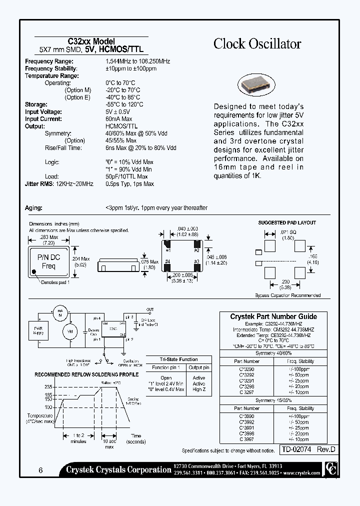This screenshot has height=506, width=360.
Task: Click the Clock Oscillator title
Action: coord(257,44)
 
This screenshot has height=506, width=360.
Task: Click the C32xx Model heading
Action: coord(91,41)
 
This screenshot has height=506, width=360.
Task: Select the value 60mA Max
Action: coord(118,119)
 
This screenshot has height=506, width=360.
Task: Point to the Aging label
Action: coord(34,207)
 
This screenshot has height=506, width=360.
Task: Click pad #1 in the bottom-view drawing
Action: coord(168,246)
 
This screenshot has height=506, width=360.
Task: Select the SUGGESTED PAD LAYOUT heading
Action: coord(286,222)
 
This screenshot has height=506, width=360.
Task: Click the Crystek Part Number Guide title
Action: coord(273,316)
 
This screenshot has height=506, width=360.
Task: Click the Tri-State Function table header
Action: coord(178,359)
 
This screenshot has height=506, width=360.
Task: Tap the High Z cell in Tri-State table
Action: coord(199,389)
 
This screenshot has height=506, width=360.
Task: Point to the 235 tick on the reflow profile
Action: coord(49,387)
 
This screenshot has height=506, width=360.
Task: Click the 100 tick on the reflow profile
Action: coord(49,407)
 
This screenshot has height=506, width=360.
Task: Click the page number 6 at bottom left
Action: coord(39,470)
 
